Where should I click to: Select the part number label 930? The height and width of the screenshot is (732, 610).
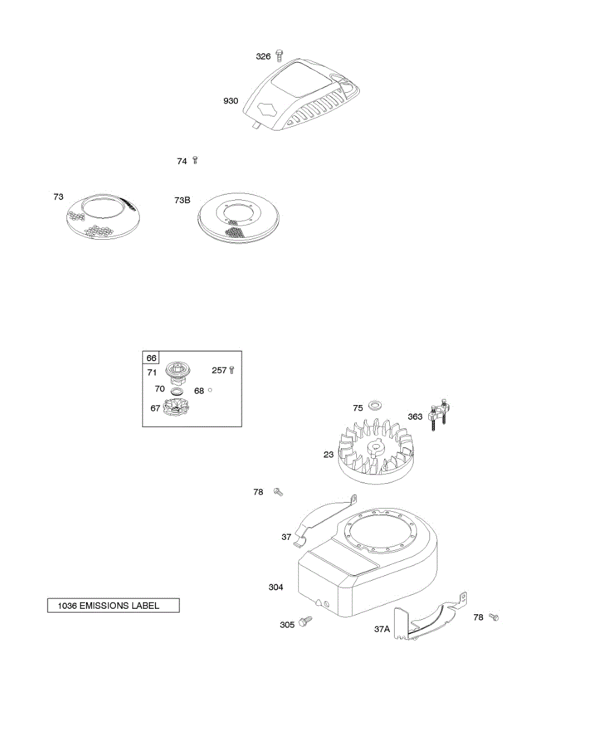[x=231, y=101]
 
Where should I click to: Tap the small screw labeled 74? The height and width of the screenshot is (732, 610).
[x=195, y=160]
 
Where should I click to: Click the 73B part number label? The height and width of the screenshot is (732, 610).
[x=182, y=200]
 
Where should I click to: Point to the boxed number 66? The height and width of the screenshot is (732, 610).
[x=150, y=358]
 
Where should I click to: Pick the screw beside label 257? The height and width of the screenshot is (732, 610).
[x=231, y=370]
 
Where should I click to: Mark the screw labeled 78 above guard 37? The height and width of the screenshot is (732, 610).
[x=278, y=491]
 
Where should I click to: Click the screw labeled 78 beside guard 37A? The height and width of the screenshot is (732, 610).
[x=494, y=618]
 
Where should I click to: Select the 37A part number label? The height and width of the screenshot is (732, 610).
[x=382, y=629]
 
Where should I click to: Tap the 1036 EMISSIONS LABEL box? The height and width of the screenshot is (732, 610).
[x=113, y=606]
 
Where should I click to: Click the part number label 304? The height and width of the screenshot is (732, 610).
[x=276, y=587]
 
